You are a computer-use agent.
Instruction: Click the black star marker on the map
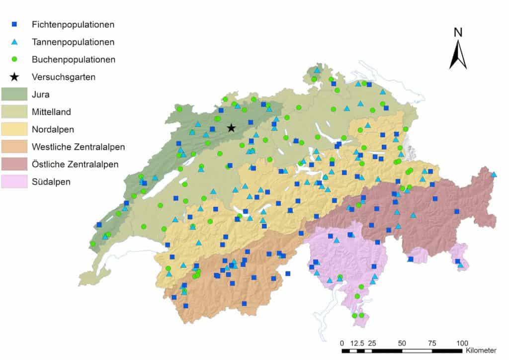click(231, 128)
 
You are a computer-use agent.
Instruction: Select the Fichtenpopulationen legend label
click(73, 24)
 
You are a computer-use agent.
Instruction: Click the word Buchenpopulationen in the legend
click(74, 59)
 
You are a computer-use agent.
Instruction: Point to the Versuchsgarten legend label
click(63, 77)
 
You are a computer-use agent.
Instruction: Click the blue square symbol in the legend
click(15, 24)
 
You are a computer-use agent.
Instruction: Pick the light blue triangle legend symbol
click(15, 42)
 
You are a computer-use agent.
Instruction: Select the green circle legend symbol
click(15, 59)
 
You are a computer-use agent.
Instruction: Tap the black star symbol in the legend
click(15, 77)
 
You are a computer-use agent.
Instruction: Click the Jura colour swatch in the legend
click(14, 94)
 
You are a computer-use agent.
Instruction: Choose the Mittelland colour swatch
click(14, 111)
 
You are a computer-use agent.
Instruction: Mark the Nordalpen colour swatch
click(14, 129)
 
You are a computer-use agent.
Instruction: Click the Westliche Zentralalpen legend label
click(78, 147)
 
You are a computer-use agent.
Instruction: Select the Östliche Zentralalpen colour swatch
click(14, 164)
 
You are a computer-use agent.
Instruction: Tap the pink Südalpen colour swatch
click(14, 181)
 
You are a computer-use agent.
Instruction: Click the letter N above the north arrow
click(458, 33)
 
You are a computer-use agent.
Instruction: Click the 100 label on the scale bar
click(462, 343)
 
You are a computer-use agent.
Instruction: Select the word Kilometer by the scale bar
click(481, 351)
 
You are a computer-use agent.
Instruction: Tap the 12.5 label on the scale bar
click(357, 343)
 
